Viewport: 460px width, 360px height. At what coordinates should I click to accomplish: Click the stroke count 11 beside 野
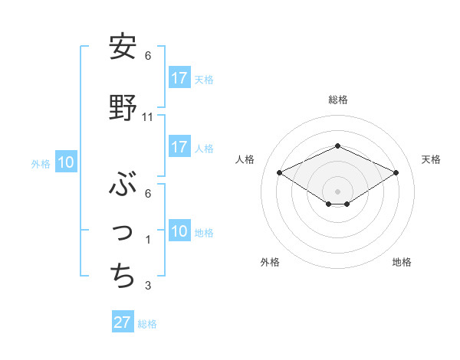point(148,117)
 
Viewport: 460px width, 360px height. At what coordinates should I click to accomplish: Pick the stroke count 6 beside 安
point(148,56)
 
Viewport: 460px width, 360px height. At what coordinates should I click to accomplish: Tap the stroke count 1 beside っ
point(148,240)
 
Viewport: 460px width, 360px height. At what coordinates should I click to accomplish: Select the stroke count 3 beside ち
point(148,286)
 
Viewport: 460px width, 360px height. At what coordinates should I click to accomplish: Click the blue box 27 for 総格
point(123,322)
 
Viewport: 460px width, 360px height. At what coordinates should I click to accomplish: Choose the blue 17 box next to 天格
point(179,78)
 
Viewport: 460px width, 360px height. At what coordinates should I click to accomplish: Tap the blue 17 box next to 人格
point(179,147)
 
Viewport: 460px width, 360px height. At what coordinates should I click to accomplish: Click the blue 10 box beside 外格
point(65,162)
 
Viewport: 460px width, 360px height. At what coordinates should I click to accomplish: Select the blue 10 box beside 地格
point(179,231)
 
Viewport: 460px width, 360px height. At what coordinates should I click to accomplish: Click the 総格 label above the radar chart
point(337,100)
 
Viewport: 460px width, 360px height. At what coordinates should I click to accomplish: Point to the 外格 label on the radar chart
point(270,262)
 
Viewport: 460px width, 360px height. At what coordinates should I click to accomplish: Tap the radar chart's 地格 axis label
point(402,262)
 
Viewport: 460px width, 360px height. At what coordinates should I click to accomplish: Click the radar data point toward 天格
point(396,172)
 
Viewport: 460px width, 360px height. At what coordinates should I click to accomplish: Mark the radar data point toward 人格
point(279,172)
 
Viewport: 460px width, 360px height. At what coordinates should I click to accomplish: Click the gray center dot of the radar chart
point(337,190)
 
